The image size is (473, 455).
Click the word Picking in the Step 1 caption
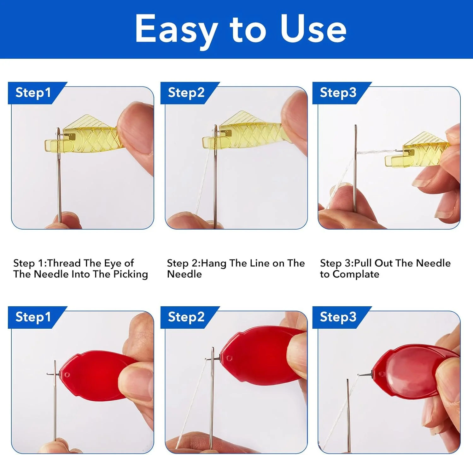point(131,274)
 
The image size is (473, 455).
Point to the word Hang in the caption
point(214,263)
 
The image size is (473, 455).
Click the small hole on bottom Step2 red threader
point(229,358)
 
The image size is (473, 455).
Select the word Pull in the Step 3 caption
point(363,263)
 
